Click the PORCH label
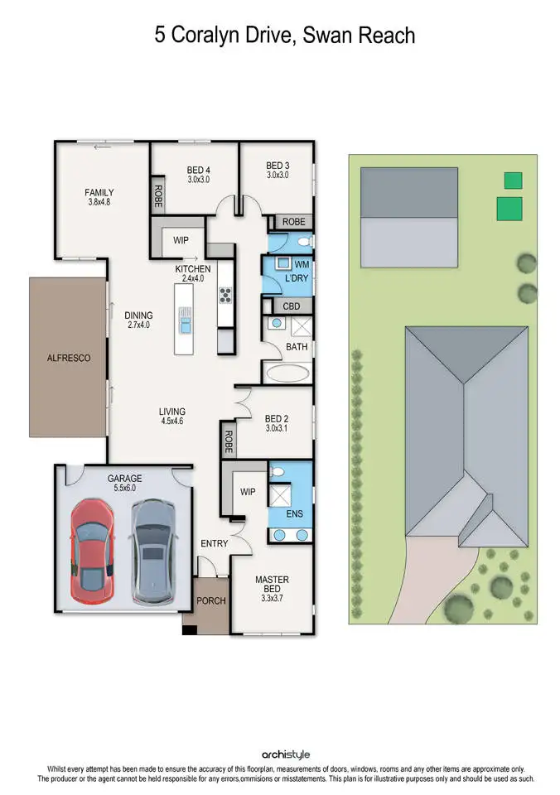tap(210, 600)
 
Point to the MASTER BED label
tap(272, 585)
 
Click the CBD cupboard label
tap(291, 306)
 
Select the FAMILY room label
tap(99, 193)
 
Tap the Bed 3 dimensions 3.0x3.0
tap(277, 176)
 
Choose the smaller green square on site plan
tap(514, 180)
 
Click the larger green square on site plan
tap(509, 209)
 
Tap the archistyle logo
tap(286, 754)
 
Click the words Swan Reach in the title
tap(361, 36)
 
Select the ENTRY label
tap(214, 543)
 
